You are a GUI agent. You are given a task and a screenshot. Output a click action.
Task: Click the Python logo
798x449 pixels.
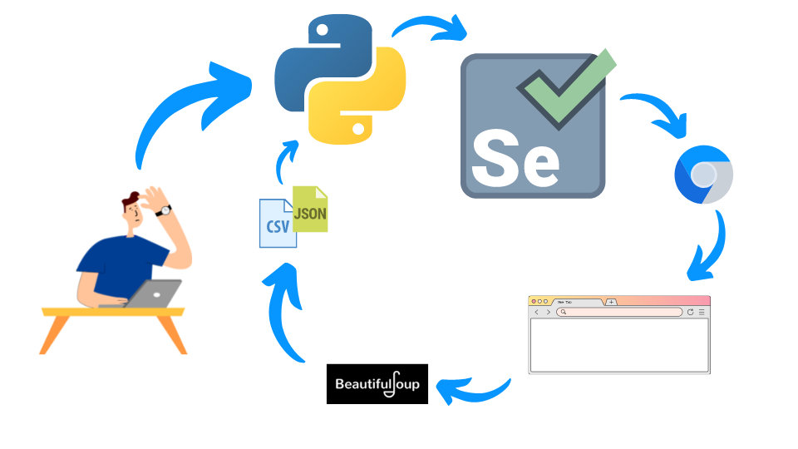point(341,79)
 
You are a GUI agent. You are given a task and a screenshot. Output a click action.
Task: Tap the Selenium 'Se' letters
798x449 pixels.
point(515,158)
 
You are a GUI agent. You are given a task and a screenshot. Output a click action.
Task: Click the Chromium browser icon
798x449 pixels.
point(703,174)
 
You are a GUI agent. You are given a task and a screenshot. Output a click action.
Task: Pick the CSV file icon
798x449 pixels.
point(277,224)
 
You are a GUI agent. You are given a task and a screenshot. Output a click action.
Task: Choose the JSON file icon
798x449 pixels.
point(311,210)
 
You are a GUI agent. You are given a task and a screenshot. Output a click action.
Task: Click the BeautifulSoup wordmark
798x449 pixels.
point(377,383)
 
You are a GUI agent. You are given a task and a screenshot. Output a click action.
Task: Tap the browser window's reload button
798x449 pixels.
point(690,312)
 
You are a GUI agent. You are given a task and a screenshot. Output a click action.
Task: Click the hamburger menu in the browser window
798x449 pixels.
point(702,312)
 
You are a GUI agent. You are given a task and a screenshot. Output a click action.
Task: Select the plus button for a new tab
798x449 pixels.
point(612,302)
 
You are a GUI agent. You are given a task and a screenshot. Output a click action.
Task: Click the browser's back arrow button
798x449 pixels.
point(537,312)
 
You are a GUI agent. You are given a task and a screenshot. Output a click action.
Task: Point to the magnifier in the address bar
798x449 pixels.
point(563,312)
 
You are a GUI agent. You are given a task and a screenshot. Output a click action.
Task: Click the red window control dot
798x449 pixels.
point(533,301)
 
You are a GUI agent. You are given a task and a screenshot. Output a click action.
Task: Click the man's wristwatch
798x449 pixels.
point(165,211)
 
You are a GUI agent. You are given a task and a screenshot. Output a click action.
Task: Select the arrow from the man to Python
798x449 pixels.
point(187,108)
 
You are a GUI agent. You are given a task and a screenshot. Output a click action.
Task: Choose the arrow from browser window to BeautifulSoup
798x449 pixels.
point(474,387)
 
